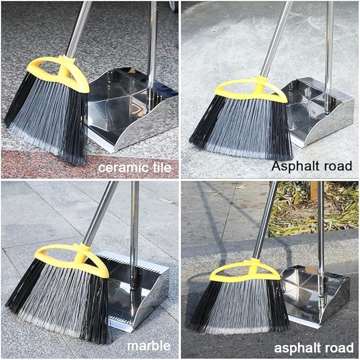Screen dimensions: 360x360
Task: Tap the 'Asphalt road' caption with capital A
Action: coord(312,165)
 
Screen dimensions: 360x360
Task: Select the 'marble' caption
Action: coord(149,346)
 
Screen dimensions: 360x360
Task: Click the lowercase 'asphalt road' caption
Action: coord(313,348)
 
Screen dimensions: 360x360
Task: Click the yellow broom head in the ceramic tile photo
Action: coord(58,74)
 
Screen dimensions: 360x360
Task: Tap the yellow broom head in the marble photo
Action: coord(72,258)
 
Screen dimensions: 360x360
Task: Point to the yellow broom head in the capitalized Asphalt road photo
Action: coord(251,90)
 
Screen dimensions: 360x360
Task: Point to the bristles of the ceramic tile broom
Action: coord(48,119)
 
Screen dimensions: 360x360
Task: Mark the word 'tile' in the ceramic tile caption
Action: coord(160,169)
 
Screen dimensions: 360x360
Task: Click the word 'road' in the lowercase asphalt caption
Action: coord(338,348)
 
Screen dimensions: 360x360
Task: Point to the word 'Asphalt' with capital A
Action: coord(297,165)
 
